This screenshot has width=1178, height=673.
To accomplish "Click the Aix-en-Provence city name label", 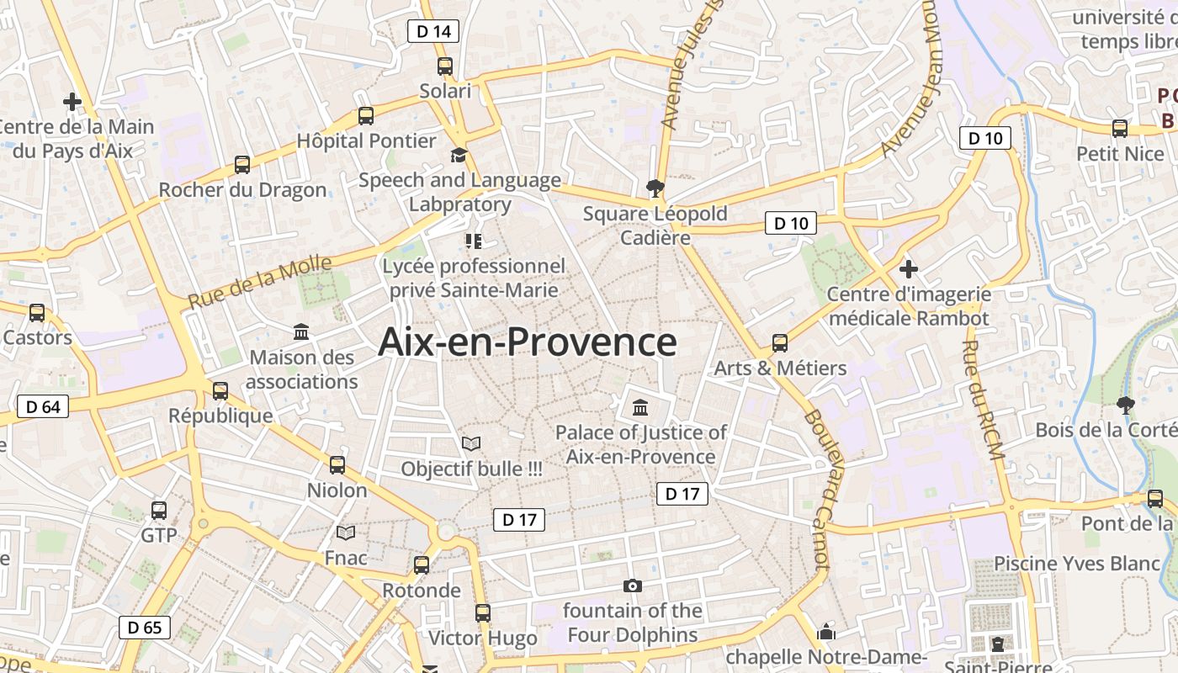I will pos(528,342).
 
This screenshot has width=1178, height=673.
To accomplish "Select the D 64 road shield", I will pos(43,407).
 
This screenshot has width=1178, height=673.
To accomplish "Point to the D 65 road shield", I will pos(145,628).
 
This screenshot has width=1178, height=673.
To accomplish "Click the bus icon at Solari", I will pos(445,66).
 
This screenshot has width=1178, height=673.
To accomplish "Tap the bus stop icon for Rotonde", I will pos(422,565).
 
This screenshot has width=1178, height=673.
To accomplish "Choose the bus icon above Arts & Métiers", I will pos(780,343).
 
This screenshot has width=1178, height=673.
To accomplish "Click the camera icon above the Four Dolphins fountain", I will pos(633,586).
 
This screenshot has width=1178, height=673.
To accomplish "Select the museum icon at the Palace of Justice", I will pos(640,408).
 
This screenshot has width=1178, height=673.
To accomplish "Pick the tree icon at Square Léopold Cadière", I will pos(655,188).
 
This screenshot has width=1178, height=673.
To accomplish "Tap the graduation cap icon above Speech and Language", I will pos(459,156).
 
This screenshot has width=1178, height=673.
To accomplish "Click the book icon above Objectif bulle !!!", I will pos(471,443).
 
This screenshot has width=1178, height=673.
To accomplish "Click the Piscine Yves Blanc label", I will pos(1077,564).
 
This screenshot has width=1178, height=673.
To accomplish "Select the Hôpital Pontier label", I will pos(367,140).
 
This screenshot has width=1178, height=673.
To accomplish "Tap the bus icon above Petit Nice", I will pos(1120,129).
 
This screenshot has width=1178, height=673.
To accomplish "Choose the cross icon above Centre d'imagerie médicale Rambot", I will pos(908,269).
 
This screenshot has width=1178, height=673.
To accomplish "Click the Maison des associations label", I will pos(302,369).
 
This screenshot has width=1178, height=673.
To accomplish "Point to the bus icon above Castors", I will pos(37,313).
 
